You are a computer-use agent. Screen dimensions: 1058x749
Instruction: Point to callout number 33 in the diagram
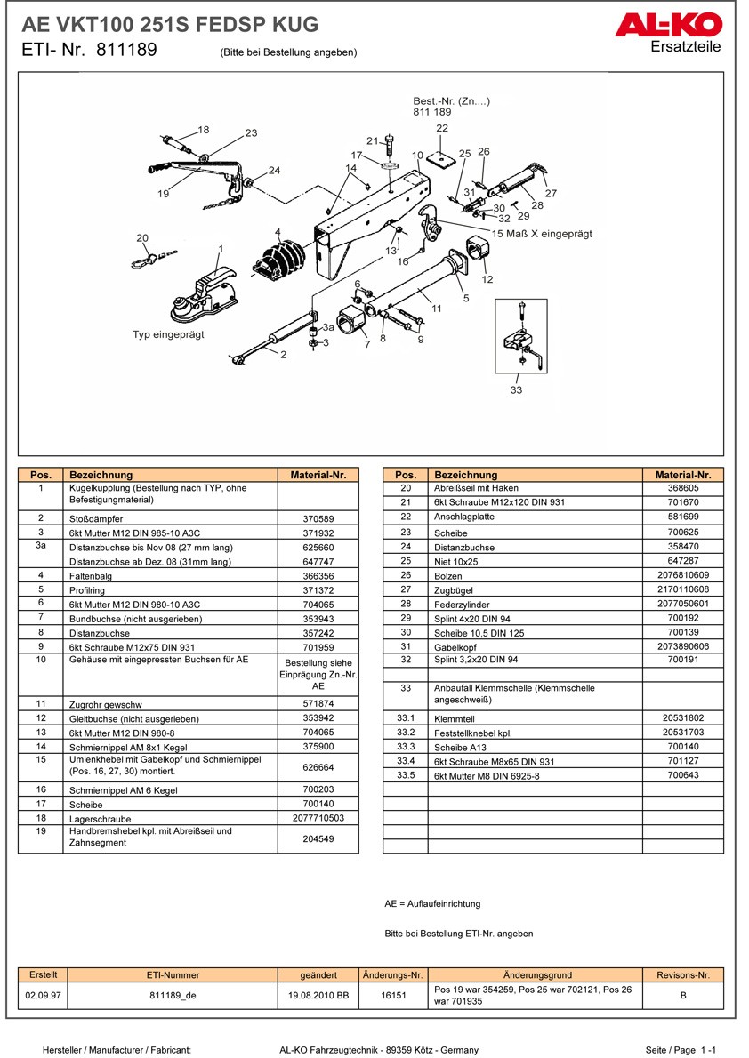pos(516,389)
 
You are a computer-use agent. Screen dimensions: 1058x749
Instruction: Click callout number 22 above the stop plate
pos(442,129)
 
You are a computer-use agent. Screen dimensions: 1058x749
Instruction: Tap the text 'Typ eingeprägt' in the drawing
pos(168,334)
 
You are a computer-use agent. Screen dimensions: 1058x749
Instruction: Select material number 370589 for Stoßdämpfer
pos(318,518)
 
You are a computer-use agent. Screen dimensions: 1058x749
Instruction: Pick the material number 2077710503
pos(318,818)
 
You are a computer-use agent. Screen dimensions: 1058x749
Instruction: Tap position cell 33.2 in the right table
pos(406,732)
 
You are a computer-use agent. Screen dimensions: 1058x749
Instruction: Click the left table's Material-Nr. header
pos(318,475)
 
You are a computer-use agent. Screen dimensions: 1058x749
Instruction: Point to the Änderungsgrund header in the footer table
pos(536,974)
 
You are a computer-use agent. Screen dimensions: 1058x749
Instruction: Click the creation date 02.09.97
pos(44,996)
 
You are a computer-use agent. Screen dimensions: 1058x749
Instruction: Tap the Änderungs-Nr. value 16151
pos(393,996)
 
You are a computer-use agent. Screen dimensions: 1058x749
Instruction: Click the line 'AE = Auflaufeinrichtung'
pos(432,903)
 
